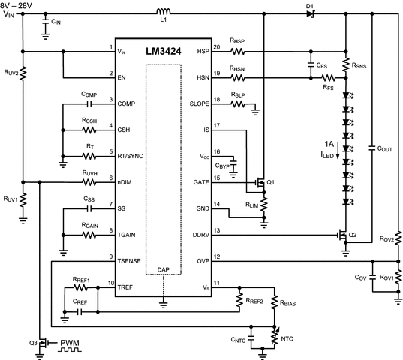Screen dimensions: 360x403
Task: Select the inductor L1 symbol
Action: (x=161, y=12)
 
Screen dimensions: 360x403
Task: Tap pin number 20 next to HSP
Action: (x=217, y=48)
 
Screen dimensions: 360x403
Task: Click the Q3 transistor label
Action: (x=34, y=342)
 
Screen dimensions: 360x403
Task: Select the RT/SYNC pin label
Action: (x=133, y=156)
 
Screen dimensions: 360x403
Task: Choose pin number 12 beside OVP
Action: (x=217, y=257)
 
